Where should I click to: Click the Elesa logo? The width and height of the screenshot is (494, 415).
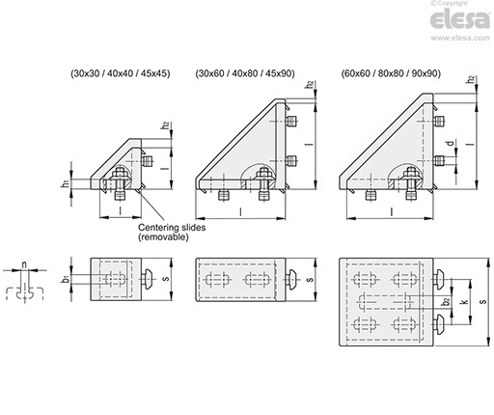[x=460, y=19]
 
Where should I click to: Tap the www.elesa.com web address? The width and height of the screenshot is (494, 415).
[x=460, y=38]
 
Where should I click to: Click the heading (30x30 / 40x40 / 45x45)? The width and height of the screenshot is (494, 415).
[x=121, y=73]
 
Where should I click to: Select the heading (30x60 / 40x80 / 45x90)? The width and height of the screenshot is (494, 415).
[x=245, y=73]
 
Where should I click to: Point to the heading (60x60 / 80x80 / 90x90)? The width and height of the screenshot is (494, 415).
[x=391, y=73]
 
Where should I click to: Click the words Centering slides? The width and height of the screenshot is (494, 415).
[x=172, y=228]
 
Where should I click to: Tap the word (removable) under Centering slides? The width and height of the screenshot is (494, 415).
[x=163, y=237]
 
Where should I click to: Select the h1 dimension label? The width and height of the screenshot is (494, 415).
[x=66, y=184]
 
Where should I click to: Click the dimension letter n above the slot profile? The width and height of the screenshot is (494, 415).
[x=24, y=264]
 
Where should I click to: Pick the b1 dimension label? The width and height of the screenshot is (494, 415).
[x=66, y=279]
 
